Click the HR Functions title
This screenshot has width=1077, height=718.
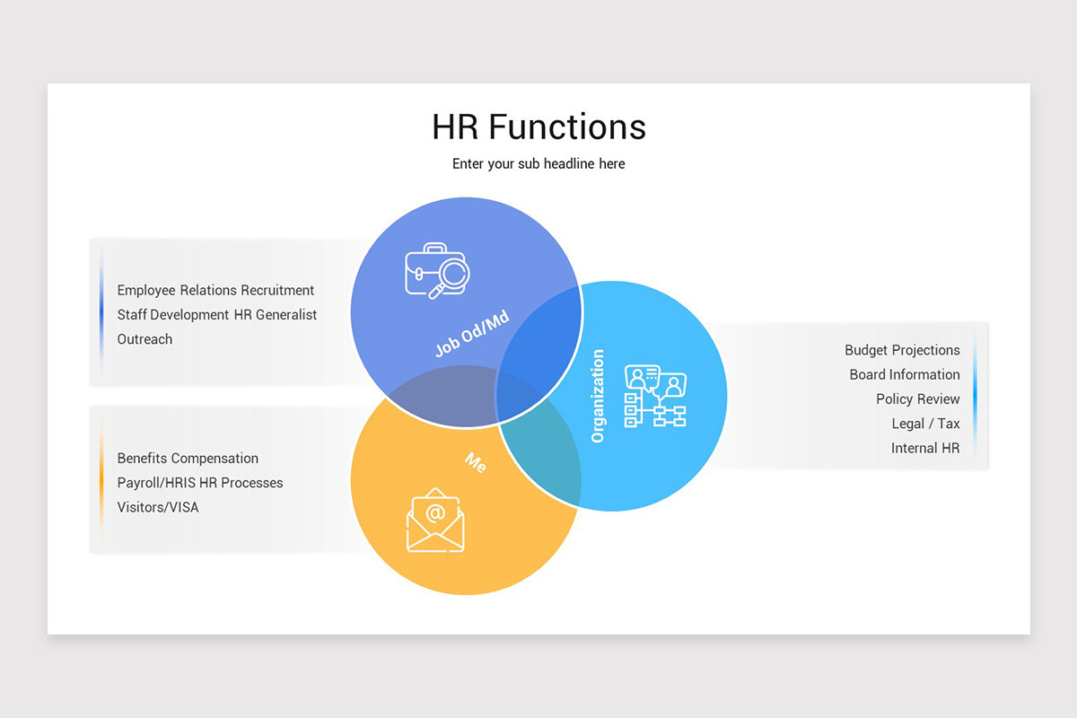click(538, 127)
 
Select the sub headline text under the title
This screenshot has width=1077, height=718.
click(538, 164)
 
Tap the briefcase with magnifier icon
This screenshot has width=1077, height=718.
click(436, 271)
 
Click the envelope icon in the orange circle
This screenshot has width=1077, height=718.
click(435, 521)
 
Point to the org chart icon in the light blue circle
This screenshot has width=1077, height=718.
click(655, 396)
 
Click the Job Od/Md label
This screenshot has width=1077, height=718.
click(472, 333)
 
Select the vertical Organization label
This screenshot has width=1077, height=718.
click(597, 396)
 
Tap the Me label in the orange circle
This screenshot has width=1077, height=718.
click(476, 462)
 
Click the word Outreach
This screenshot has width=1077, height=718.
click(144, 339)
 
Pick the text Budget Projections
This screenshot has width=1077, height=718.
click(902, 350)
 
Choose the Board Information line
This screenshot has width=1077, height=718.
click(905, 374)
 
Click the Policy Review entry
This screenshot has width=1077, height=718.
click(917, 399)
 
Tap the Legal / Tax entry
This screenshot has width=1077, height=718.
click(925, 424)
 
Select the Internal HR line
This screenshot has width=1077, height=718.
click(925, 448)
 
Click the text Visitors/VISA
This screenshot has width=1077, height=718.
click(158, 507)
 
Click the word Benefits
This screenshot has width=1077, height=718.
click(143, 459)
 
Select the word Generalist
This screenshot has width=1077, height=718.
click(286, 314)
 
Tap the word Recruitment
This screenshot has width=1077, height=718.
click(277, 290)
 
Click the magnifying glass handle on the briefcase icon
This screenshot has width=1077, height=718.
click(436, 291)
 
